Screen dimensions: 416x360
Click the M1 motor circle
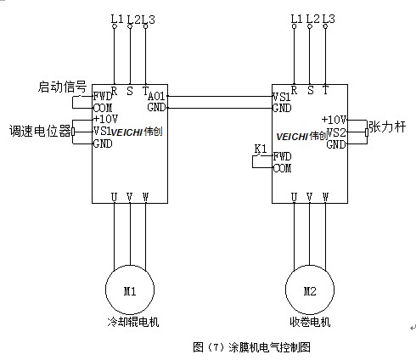[105, 290]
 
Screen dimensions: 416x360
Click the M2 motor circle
[285, 290]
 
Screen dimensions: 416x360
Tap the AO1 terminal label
[156, 97]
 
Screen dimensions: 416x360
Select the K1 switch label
[261, 149]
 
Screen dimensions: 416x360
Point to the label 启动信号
[62, 87]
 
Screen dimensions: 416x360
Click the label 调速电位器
[40, 131]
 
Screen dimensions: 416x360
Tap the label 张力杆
[387, 127]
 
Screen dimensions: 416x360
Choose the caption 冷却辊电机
[133, 322]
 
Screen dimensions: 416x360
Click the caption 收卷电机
[310, 322]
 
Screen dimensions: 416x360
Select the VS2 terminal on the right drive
[336, 132]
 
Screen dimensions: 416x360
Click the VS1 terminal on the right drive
[281, 97]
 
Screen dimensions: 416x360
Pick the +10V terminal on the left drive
[105, 119]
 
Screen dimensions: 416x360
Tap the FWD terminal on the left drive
[103, 97]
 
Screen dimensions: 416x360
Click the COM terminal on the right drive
[282, 168]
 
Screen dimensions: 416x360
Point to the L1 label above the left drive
[116, 20]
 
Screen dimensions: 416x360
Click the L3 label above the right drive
[329, 19]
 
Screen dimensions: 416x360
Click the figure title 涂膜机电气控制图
[269, 347]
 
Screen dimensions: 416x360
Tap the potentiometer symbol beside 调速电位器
[73, 132]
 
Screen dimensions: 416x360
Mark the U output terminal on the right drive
[294, 197]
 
